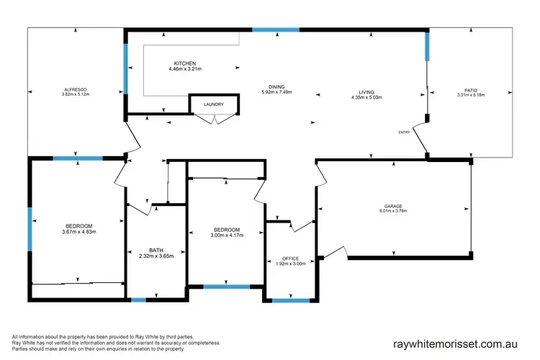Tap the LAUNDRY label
point(213,104)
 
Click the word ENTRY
point(403,132)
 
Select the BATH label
point(156,251)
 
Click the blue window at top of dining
point(275,30)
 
